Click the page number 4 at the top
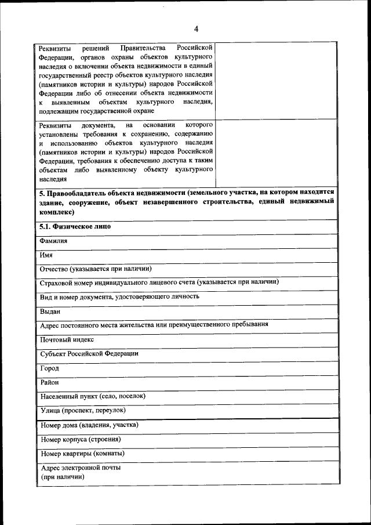pyautogui.click(x=196, y=29)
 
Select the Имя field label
pyautogui.click(x=46, y=255)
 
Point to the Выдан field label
pyautogui.click(x=50, y=311)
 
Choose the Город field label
pyautogui.click(x=50, y=368)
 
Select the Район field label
pyautogui.click(x=50, y=382)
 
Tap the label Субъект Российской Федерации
pyautogui.click(x=89, y=353)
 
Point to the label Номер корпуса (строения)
pyautogui.click(x=81, y=439)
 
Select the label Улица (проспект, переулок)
pyautogui.click(x=83, y=410)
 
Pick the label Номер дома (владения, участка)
pyautogui.click(x=89, y=425)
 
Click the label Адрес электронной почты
pyautogui.click(x=81, y=467)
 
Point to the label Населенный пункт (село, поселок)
pyautogui.click(x=93, y=396)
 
